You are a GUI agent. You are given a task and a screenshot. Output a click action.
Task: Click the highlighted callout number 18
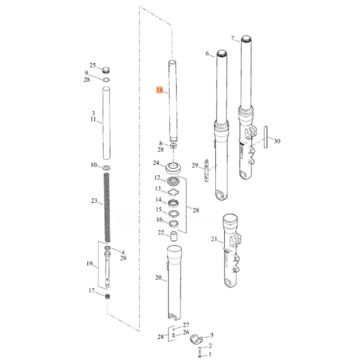pyautogui.click(x=159, y=90)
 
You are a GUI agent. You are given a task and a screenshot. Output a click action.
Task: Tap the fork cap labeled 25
pyautogui.click(x=106, y=70)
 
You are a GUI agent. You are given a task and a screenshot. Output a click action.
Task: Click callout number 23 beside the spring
pyautogui.click(x=94, y=201)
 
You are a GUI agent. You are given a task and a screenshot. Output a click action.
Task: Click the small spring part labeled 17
pyautogui.click(x=108, y=297)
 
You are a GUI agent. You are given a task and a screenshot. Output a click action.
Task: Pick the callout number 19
pyautogui.click(x=89, y=264)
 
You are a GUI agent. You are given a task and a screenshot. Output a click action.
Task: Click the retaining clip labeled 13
pyautogui.click(x=173, y=192)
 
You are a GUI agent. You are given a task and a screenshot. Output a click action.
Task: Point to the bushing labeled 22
pyautogui.click(x=174, y=236)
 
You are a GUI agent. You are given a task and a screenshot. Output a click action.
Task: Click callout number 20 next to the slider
pyautogui.click(x=158, y=278)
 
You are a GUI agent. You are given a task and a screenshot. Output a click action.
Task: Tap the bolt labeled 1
pyautogui.click(x=200, y=354)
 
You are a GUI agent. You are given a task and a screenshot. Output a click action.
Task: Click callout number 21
pyautogui.click(x=214, y=239)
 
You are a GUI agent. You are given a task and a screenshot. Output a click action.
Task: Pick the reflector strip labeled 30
pyautogui.click(x=266, y=137)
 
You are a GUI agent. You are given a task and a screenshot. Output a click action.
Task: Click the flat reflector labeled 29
pyautogui.click(x=206, y=170)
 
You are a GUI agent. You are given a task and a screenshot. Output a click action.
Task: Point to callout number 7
pyautogui.click(x=233, y=38)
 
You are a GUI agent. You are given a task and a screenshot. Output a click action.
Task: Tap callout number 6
pyautogui.click(x=207, y=53)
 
